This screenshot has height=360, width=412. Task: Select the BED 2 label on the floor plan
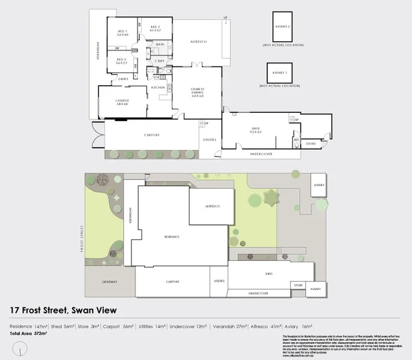point(154,28)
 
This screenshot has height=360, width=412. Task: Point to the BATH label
point(160,44)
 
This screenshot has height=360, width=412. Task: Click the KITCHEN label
point(158,88)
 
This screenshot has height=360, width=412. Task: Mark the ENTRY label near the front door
point(123,79)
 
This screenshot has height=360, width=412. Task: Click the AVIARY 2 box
point(282,27)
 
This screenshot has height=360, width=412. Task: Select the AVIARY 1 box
point(279,73)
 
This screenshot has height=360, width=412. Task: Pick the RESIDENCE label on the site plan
point(172,236)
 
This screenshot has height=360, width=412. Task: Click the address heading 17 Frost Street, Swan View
point(63,310)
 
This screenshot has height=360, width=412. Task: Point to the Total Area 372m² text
point(28,332)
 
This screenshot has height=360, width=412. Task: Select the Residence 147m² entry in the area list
point(29,326)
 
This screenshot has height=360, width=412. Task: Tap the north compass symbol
point(22,347)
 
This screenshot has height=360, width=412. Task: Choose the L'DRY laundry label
point(160,61)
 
